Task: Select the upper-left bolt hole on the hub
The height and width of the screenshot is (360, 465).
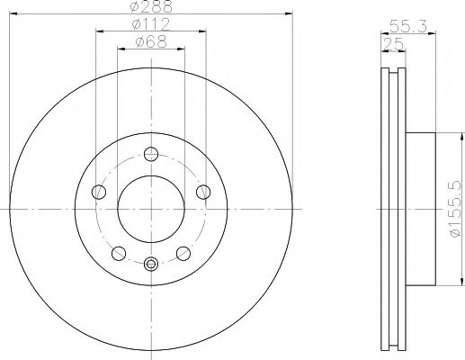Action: pyautogui.click(x=99, y=191)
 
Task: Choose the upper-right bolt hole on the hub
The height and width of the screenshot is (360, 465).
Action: pyautogui.click(x=203, y=191)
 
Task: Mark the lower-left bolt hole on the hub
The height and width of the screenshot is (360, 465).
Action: pyautogui.click(x=119, y=251)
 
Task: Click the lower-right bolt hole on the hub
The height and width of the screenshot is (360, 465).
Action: pyautogui.click(x=183, y=251)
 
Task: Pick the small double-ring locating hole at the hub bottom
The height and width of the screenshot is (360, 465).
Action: pyautogui.click(x=151, y=263)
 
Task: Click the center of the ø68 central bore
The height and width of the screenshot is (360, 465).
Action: pyautogui.click(x=151, y=206)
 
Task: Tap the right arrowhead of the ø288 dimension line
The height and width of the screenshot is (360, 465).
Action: pyautogui.click(x=288, y=13)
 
